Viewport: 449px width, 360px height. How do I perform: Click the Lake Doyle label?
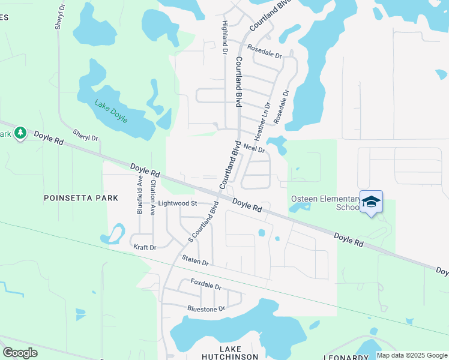(x=111, y=111)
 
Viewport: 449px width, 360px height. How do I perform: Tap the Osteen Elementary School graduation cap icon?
(x=371, y=202)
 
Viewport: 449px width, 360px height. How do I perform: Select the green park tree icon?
(x=20, y=132)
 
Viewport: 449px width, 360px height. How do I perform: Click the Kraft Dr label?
(x=144, y=247)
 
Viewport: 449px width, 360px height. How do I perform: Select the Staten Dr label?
(x=195, y=261)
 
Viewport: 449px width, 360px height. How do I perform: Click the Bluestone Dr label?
(x=206, y=308)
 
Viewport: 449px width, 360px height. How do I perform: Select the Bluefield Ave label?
(x=139, y=194)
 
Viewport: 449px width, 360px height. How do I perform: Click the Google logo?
(x=20, y=352)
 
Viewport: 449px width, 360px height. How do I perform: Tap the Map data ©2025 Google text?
(x=411, y=355)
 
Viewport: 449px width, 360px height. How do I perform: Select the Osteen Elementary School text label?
(x=324, y=203)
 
